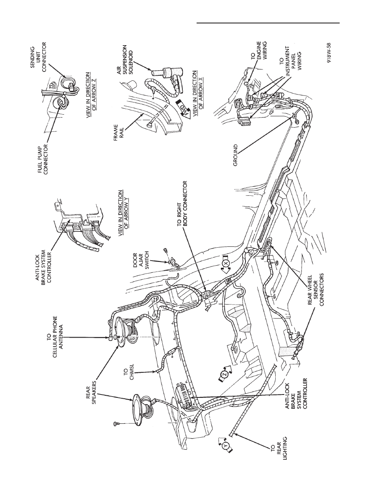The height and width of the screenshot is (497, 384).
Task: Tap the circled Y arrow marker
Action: [225, 446]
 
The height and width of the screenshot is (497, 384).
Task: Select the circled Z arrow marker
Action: [224, 374]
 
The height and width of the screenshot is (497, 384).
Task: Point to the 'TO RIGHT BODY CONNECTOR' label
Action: [182, 203]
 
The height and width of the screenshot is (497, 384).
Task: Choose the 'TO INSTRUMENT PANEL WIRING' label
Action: [289, 62]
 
